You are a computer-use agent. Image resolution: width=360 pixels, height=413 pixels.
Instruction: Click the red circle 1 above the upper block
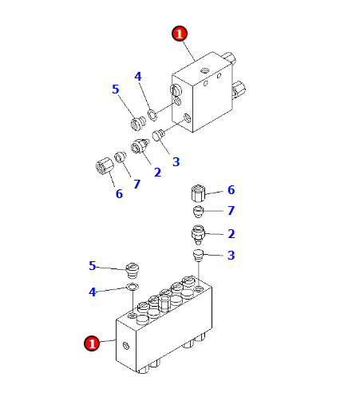180,34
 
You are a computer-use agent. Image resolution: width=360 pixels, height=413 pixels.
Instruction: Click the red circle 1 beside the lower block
92,344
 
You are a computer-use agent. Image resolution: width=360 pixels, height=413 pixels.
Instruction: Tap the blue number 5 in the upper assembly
115,89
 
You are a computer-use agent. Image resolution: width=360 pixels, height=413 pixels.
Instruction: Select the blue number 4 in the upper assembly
138,77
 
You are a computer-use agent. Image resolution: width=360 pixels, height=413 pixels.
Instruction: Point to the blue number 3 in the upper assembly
176,162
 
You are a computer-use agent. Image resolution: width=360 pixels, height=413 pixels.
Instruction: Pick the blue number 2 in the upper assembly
157,173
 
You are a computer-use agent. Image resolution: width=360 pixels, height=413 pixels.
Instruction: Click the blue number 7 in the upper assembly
136,184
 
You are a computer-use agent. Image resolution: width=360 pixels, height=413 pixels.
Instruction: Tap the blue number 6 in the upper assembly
119,194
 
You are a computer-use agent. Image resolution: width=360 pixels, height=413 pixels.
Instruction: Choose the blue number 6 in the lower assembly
231,190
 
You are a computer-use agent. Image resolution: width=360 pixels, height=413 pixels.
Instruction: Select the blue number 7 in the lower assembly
231,210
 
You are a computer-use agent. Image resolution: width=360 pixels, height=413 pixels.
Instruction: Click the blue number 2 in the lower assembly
231,234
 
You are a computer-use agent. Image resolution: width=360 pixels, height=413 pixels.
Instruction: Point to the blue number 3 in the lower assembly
231,256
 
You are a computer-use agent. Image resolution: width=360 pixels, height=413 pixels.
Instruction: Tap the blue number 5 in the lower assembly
92,266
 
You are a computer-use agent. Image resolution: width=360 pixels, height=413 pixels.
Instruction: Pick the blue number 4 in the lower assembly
92,292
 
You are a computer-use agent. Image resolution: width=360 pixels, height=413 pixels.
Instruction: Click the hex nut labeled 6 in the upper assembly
105,166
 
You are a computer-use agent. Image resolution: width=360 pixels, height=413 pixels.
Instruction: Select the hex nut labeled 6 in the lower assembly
199,193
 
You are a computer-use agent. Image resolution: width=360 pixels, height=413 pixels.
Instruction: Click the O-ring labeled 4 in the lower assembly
132,287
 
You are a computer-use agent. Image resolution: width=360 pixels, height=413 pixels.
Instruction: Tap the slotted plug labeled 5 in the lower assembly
133,270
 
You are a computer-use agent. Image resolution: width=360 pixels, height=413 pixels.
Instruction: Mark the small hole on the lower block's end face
126,346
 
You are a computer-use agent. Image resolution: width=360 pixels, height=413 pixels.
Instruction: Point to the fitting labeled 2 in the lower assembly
198,234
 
